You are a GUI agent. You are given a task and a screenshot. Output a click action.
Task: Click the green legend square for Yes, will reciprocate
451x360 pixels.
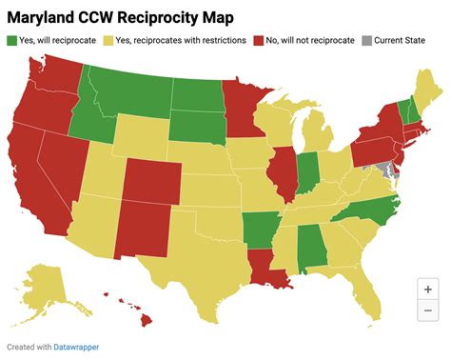click(12, 40)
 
